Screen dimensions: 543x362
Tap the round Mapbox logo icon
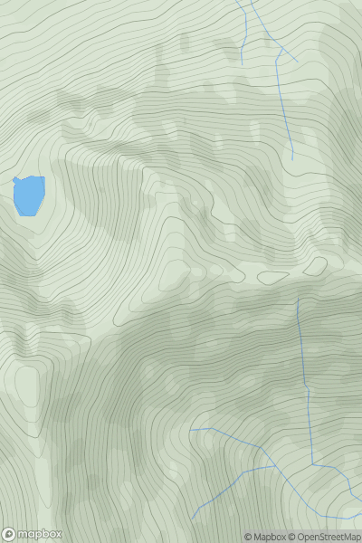(x=10, y=534)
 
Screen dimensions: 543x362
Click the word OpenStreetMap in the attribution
(x=327, y=537)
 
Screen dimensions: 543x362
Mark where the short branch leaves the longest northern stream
(x=278, y=46)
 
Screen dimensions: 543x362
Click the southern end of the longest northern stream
(x=291, y=159)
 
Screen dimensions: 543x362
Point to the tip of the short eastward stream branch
(x=297, y=61)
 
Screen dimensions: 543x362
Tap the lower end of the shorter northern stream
(x=242, y=62)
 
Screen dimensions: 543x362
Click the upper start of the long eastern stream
(x=298, y=299)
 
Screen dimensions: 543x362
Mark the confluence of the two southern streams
(x=262, y=447)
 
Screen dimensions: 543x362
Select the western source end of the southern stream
(x=191, y=428)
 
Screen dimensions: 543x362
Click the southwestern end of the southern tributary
(x=192, y=519)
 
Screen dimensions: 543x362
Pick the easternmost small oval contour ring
(x=315, y=266)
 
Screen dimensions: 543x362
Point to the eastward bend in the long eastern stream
(x=312, y=463)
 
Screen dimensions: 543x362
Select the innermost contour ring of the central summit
(x=178, y=272)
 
